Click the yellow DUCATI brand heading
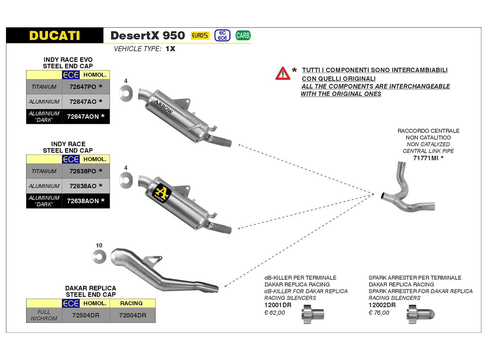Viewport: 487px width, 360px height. coord(55,36)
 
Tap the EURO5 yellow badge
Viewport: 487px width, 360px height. coord(200,36)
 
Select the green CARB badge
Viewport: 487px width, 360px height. coord(243,35)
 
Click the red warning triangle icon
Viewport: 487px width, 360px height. coord(283,73)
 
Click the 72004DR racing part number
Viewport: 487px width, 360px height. coord(132,315)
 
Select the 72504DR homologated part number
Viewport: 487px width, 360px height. coord(86,315)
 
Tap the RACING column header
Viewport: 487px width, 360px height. coord(131,303)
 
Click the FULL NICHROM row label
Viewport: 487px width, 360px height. coord(44,315)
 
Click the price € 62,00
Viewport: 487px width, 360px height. coord(275,313)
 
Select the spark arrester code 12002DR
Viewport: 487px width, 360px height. coord(382,305)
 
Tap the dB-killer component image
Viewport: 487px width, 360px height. coord(313,314)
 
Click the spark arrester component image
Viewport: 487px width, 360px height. coord(420,314)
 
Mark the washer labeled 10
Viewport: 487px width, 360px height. coord(99,257)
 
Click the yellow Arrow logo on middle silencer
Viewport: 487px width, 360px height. coord(162,193)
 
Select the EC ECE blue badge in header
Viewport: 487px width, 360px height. coord(222,36)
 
